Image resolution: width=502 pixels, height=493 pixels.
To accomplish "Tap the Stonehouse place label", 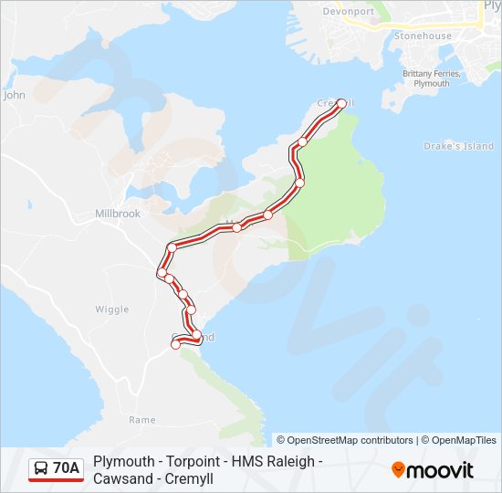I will tap(423, 36).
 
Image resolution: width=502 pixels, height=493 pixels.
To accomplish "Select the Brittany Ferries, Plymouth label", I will tap(426, 79).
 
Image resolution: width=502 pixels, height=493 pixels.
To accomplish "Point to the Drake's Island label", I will tap(458, 146).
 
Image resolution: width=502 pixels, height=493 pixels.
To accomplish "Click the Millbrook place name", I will tap(118, 214).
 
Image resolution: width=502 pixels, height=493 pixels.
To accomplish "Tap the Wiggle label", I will tap(112, 309).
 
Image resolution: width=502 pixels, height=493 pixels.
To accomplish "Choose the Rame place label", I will tap(141, 420).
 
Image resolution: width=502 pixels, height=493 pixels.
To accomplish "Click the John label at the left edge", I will tap(14, 94).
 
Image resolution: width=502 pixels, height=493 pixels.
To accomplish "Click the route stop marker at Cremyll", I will tap(342, 104).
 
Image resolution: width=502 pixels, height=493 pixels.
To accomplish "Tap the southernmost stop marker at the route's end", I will tap(176, 344).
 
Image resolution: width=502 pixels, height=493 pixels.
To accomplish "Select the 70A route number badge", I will tap(66, 469).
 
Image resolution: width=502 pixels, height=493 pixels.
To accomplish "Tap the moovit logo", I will tap(433, 470).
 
